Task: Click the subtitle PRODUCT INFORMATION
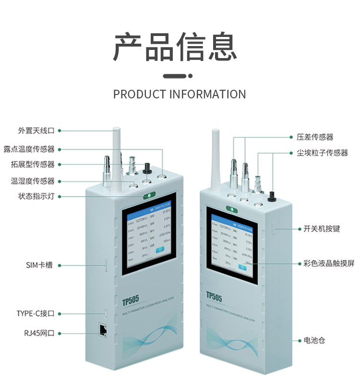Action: (x=180, y=94)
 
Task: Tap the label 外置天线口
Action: (x=36, y=131)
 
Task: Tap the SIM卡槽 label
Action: (x=39, y=264)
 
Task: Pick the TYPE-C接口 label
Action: (x=39, y=313)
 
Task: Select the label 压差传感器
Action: (x=315, y=137)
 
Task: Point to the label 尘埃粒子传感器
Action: (x=322, y=153)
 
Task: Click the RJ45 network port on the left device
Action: (x=103, y=329)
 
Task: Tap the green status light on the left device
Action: (x=147, y=196)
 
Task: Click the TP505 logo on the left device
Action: (x=131, y=300)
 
